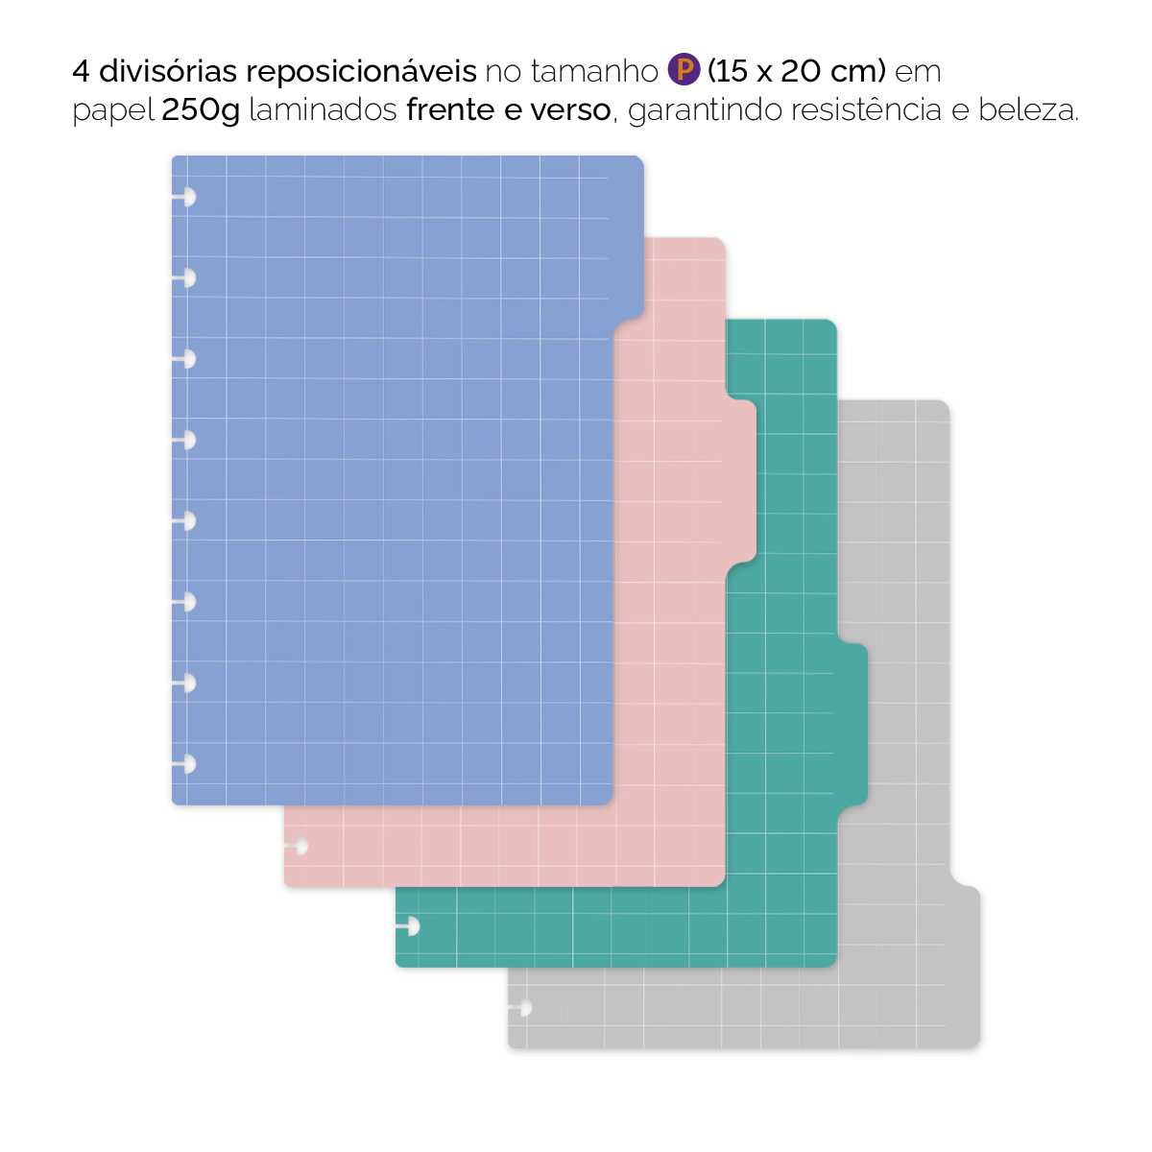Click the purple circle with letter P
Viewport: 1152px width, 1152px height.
click(x=684, y=70)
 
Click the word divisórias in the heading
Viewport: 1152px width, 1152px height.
click(x=168, y=71)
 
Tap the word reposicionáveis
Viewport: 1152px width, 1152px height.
click(x=362, y=71)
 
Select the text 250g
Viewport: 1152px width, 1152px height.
click(x=201, y=110)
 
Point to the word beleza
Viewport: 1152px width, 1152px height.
click(x=1028, y=110)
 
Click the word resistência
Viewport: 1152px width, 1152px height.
click(x=867, y=110)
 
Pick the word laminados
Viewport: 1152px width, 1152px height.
click(x=323, y=110)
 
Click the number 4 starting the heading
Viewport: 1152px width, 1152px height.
click(x=81, y=71)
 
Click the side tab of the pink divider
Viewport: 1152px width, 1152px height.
click(x=740, y=480)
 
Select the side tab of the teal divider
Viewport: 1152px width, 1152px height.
click(x=852, y=725)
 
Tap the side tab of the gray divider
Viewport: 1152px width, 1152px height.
click(x=965, y=965)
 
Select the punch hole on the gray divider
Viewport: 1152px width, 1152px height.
click(x=523, y=1008)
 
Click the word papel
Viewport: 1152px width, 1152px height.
click(x=113, y=110)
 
